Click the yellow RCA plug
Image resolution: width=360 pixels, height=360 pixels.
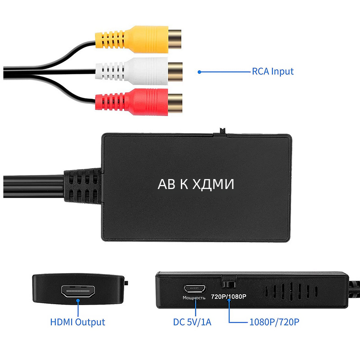tap(139, 39)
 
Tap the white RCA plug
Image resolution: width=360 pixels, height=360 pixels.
tap(139, 71)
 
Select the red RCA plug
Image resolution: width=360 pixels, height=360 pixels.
tap(139, 102)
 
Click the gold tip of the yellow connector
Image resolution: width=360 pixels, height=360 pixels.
tap(175, 39)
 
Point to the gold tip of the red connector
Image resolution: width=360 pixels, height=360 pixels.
tap(175, 103)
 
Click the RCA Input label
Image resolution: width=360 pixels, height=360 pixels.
tap(273, 72)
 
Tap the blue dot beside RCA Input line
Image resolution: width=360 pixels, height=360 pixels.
tap(199, 72)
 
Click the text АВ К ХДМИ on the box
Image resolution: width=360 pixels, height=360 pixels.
tap(196, 184)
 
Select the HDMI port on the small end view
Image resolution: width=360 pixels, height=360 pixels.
tap(78, 291)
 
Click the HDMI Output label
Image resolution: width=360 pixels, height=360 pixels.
tap(77, 322)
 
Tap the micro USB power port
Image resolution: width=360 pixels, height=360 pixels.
tap(195, 288)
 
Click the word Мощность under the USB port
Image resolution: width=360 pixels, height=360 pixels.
tap(194, 298)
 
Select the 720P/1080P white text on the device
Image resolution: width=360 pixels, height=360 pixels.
tap(229, 297)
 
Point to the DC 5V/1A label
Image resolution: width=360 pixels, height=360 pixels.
tap(192, 322)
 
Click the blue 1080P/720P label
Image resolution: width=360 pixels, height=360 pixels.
tap(274, 322)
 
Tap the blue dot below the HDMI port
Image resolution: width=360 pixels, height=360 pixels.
tap(78, 301)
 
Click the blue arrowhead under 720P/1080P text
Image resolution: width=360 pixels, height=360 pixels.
tap(229, 301)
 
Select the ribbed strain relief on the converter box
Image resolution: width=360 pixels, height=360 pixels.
tap(83, 186)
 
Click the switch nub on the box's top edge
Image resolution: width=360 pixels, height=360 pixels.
tap(222, 130)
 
